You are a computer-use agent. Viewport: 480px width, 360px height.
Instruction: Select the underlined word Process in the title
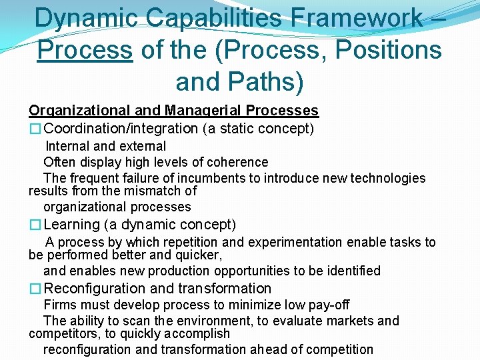point(85,50)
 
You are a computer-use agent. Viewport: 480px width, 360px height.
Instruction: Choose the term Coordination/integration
point(121,128)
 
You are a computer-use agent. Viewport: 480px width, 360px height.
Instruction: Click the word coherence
point(236,162)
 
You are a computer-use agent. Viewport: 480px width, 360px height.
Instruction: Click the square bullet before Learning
point(35,225)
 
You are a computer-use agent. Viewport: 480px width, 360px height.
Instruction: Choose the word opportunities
point(253,271)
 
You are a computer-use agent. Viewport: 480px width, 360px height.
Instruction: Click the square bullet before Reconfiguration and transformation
point(35,289)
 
